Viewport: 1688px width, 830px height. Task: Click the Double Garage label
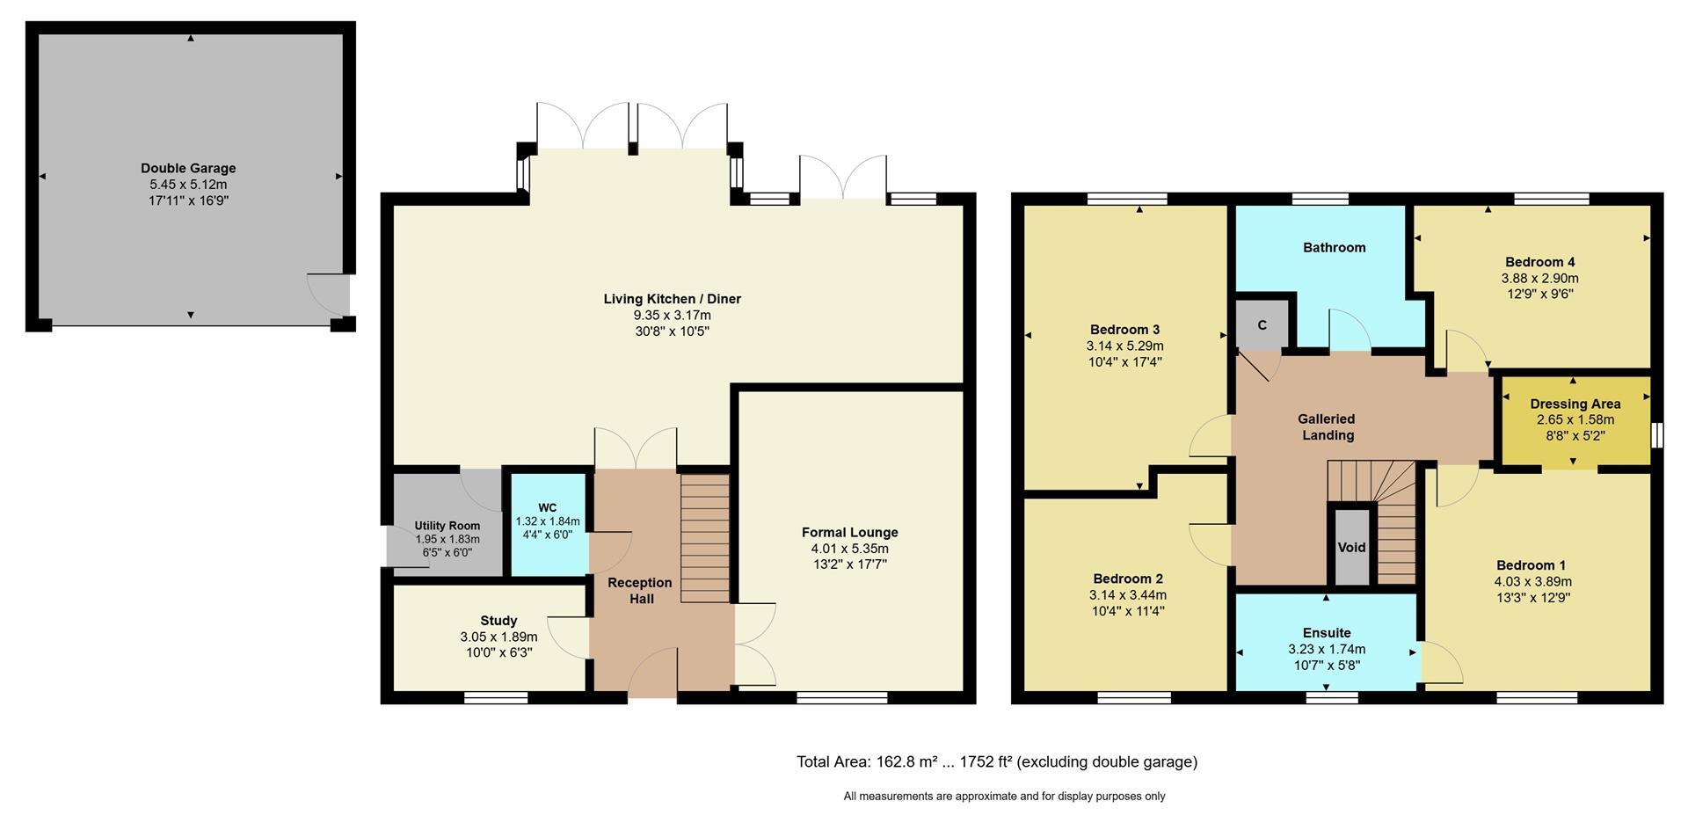tap(188, 168)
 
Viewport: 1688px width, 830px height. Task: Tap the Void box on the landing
tap(1352, 546)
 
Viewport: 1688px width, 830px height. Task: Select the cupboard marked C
tap(1262, 324)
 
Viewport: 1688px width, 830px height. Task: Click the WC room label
tap(548, 507)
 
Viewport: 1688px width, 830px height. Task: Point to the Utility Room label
tap(447, 526)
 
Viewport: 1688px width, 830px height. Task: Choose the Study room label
tap(498, 620)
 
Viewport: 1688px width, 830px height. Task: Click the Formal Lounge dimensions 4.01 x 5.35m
tap(849, 549)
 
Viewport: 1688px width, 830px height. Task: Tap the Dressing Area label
tap(1575, 404)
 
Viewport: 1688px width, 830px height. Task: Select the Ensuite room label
tap(1327, 632)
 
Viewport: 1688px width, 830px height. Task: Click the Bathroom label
tap(1335, 247)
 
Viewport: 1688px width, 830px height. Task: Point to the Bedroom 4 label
tap(1539, 261)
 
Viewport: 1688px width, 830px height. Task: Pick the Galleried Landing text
tap(1328, 426)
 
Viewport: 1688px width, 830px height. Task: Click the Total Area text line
tap(997, 761)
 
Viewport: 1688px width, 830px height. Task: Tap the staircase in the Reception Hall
tap(705, 538)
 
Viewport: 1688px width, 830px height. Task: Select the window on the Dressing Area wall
tap(1657, 435)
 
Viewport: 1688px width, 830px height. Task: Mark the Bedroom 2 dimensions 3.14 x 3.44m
tap(1128, 595)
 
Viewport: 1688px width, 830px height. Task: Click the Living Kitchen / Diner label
tap(672, 299)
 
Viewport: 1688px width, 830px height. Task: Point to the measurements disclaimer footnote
tap(1004, 796)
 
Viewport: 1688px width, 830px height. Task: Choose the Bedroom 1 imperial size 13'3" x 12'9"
tap(1532, 597)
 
